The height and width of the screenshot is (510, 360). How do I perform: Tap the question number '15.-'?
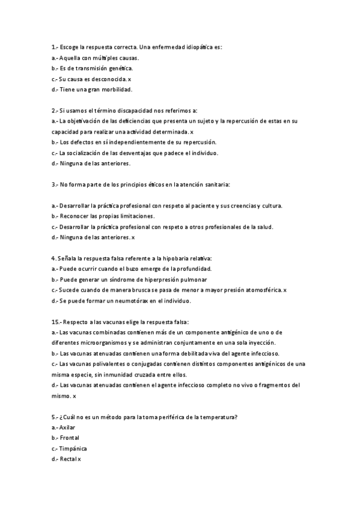coord(56,322)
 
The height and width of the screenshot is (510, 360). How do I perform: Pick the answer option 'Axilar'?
coord(67,427)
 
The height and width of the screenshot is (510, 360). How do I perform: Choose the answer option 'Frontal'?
coord(69,438)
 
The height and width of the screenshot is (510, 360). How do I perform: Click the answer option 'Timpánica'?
coord(73,449)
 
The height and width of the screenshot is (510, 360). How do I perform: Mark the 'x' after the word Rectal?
coord(79,459)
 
